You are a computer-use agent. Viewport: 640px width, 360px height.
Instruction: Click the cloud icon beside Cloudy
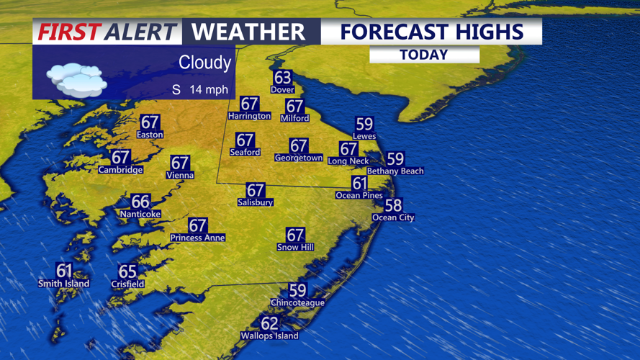click(x=76, y=78)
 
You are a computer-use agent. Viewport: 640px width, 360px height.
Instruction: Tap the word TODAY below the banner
click(x=424, y=55)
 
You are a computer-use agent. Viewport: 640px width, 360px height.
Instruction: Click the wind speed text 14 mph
click(x=209, y=90)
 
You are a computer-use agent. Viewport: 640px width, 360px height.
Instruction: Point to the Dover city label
click(x=282, y=90)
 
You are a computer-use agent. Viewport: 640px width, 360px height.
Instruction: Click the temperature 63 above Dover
click(x=282, y=77)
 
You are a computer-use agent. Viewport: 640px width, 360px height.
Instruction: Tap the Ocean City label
click(x=393, y=217)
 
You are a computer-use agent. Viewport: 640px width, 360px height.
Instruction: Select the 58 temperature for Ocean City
click(x=393, y=205)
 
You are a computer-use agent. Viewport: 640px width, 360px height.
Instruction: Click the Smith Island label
click(x=63, y=284)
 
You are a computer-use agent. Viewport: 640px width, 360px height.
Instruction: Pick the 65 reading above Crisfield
click(x=127, y=271)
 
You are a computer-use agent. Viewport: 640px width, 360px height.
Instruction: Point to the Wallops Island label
click(x=269, y=336)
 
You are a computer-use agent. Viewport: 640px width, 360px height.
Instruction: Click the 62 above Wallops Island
click(x=269, y=323)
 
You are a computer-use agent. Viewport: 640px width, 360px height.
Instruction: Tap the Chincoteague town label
click(x=297, y=303)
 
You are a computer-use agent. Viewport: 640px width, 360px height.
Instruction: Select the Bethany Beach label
click(x=395, y=171)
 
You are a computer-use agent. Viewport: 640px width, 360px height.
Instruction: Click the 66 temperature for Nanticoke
click(x=140, y=202)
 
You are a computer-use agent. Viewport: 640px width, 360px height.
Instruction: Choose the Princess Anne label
click(x=197, y=238)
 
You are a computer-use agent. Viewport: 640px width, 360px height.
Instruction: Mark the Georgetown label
click(x=299, y=158)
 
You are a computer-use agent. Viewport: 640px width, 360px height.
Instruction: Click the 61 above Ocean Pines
click(x=359, y=184)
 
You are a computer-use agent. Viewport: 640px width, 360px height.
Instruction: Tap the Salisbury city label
click(x=256, y=203)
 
